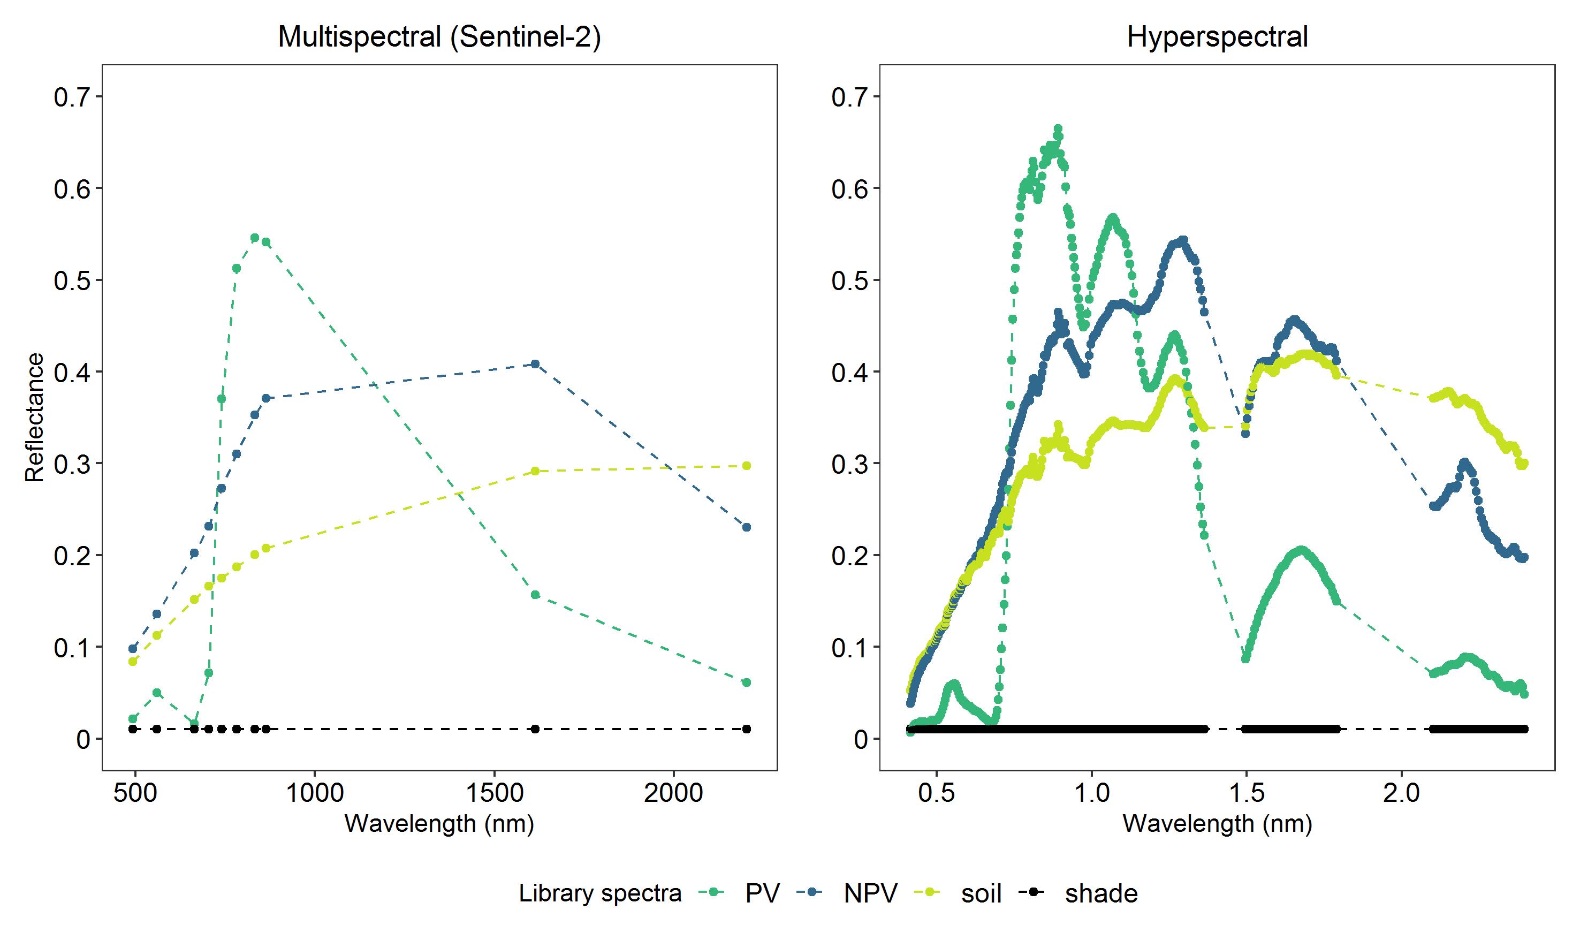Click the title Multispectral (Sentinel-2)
(439, 37)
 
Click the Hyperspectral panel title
(1217, 37)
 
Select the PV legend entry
(762, 893)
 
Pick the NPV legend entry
(870, 893)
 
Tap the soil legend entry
(981, 893)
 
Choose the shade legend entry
(1101, 893)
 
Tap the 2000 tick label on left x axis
(673, 793)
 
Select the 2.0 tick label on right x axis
(1401, 793)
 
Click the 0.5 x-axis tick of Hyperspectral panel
(936, 793)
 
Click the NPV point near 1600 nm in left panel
(535, 364)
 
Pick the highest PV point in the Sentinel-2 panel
(255, 238)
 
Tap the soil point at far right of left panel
(747, 466)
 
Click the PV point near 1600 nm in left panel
(535, 595)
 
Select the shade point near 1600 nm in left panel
(535, 729)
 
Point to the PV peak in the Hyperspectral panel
(1058, 129)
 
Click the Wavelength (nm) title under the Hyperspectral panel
(1217, 824)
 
